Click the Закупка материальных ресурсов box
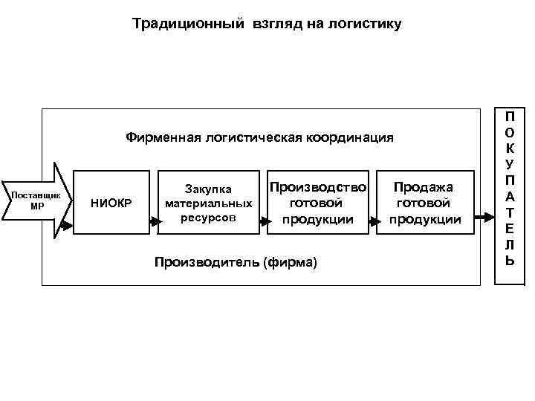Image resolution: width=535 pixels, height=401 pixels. tap(208, 202)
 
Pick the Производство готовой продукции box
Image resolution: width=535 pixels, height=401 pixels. tap(318, 202)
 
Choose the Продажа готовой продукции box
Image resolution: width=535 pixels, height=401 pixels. tap(426, 202)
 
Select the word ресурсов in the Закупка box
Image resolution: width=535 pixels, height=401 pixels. tap(208, 218)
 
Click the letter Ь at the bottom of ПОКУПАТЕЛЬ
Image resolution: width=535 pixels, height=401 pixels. tap(510, 261)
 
